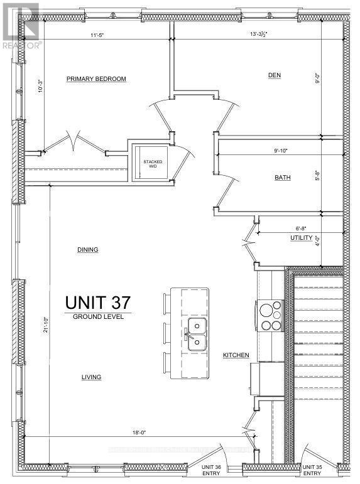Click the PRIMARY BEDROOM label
pyautogui.click(x=97, y=79)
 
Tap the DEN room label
pyautogui.click(x=274, y=75)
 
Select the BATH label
pyautogui.click(x=282, y=178)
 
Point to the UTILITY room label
pyautogui.click(x=300, y=239)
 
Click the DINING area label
pyautogui.click(x=87, y=249)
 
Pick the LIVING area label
pyautogui.click(x=90, y=377)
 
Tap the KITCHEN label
pyautogui.click(x=236, y=355)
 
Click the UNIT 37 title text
pyautogui.click(x=97, y=302)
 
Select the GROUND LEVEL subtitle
pyautogui.click(x=97, y=317)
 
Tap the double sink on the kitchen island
pyautogui.click(x=197, y=333)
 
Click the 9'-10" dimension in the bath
pyautogui.click(x=284, y=151)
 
